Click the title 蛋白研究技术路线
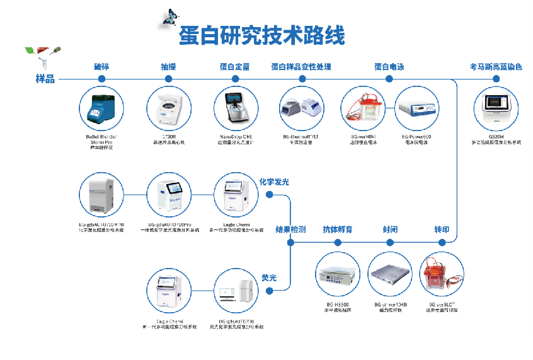pos(262,35)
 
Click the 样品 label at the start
pos(45,79)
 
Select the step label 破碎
pos(101,67)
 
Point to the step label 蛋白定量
pos(235,67)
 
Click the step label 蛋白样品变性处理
pos(301,67)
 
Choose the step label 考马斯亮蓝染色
pos(496,67)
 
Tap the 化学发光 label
pos(274,182)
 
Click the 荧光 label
pos(270,277)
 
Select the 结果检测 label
pos(291,229)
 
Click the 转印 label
pos(442,229)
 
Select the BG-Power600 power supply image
pos(416,108)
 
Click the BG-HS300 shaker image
pos(336,275)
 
